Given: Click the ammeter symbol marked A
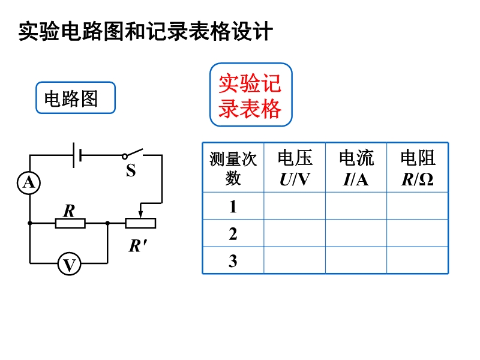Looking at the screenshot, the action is (29, 183).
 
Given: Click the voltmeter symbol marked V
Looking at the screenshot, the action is (69, 263).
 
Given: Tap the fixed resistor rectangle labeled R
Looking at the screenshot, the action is (70, 223).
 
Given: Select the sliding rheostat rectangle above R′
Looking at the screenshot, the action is (140, 223).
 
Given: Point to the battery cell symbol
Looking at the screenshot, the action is (77, 155).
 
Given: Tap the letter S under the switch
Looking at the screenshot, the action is (131, 170).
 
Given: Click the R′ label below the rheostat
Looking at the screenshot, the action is (138, 245).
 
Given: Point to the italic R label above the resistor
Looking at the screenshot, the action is (69, 211).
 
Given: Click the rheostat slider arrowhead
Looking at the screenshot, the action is (140, 214).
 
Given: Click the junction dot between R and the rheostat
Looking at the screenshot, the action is (107, 223).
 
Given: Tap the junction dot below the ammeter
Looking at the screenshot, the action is (29, 223).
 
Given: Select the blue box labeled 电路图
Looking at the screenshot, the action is (76, 98).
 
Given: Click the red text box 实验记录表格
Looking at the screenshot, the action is (251, 95).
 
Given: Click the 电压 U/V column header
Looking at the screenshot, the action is (295, 167).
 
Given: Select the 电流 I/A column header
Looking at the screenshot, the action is (356, 167).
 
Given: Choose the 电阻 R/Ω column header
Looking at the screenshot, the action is (418, 167).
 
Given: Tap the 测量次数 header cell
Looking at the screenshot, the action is (233, 167).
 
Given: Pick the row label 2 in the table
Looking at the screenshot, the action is (233, 234).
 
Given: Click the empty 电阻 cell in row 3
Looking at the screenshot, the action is (418, 260).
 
